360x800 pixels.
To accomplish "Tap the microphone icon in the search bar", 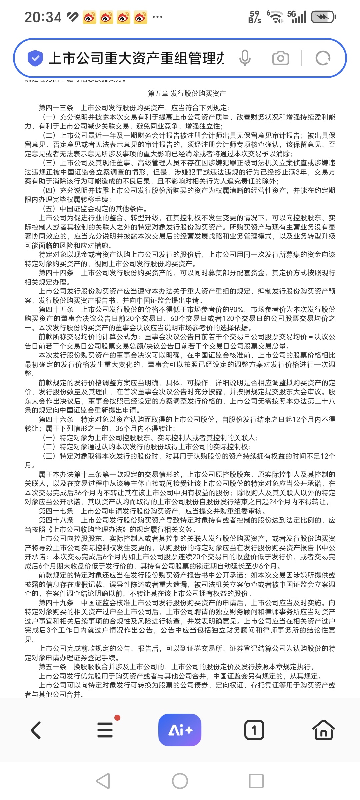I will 245,58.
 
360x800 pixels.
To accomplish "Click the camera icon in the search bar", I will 280,58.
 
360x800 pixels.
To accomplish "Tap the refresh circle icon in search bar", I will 323,58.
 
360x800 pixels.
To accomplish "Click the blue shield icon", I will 35,58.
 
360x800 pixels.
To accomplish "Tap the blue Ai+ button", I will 180,730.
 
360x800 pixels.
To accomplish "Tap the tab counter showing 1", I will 254,730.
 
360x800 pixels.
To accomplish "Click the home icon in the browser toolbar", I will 323,730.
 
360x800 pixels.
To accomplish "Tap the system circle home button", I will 180,781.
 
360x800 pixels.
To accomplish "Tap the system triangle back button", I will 103,781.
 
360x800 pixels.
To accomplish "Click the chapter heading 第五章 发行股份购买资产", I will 187,93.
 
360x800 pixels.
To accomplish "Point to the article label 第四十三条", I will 56,108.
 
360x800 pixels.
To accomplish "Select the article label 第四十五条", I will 56,309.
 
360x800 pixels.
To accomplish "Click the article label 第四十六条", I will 56,419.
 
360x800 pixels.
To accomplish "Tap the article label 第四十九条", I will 56,603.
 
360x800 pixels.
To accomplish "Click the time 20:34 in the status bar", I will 43,17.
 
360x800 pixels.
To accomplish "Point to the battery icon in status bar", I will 323,17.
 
